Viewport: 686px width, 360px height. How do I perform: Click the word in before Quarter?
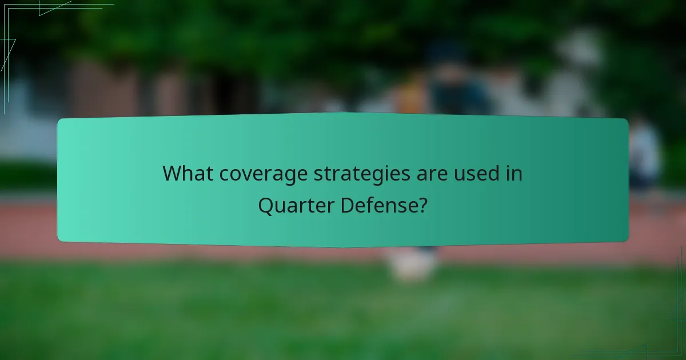click(x=514, y=173)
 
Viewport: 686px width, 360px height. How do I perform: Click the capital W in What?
click(x=171, y=173)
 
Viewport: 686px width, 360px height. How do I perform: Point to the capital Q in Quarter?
click(x=266, y=205)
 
